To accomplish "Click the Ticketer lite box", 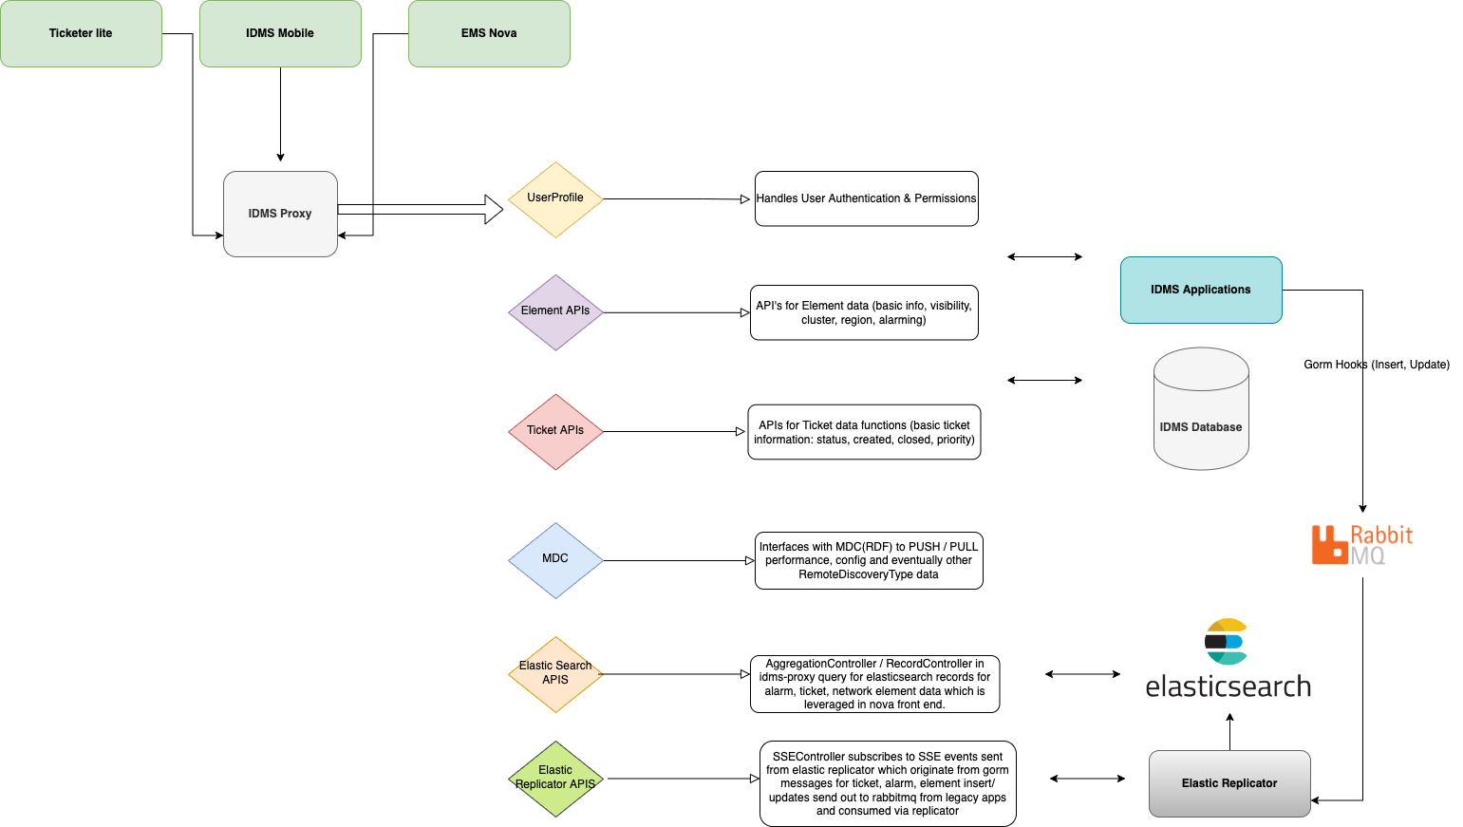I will click(81, 33).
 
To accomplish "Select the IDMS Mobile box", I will click(280, 33).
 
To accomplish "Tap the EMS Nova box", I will click(489, 33).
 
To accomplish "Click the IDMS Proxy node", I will click(280, 214).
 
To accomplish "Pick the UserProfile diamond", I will click(555, 199).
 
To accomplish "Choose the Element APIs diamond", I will click(555, 312).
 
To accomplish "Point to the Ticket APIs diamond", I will click(555, 432).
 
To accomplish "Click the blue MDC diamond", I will click(555, 560).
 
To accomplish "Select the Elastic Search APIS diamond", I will click(555, 674).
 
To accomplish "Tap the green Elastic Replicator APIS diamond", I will click(555, 779).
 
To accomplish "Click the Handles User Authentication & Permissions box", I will click(866, 198).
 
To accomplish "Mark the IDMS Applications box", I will click(1201, 290).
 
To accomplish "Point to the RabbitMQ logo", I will click(1361, 545).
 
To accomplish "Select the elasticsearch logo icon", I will click(1226, 642).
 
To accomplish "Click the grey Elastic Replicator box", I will click(1229, 783).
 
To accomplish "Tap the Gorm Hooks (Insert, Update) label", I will click(1376, 365).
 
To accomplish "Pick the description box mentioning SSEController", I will click(888, 783).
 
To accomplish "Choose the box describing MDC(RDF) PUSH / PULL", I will click(869, 560).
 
